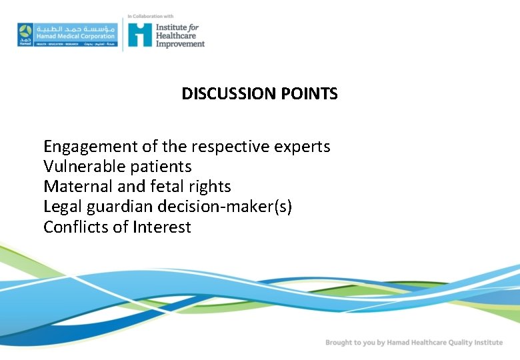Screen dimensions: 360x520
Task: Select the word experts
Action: [303, 147]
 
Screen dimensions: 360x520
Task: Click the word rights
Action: [210, 187]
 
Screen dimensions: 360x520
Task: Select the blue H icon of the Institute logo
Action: [140, 35]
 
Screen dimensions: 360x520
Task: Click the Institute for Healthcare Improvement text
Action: [180, 35]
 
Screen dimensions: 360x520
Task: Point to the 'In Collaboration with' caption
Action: [150, 16]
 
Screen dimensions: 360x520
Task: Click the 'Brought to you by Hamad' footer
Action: [413, 343]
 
